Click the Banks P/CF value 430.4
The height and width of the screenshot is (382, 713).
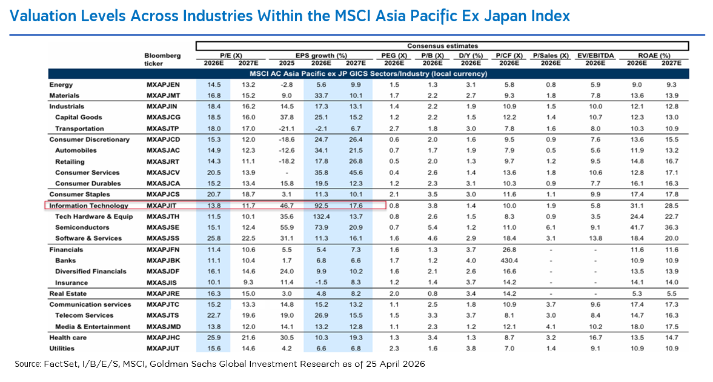[x=509, y=261]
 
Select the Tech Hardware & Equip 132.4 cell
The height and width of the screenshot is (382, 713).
[x=321, y=216]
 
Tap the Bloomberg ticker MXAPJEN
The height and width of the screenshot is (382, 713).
[x=163, y=85]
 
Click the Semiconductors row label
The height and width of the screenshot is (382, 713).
[x=82, y=227]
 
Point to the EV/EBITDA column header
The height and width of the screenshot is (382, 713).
[x=595, y=56]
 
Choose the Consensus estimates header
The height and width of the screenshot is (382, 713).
[x=442, y=46]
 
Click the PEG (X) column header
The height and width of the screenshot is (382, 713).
[x=394, y=56]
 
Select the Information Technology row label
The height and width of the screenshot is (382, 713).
[x=88, y=206]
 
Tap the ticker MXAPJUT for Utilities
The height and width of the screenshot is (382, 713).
[x=163, y=348]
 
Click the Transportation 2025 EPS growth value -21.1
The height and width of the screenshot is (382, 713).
[x=287, y=129]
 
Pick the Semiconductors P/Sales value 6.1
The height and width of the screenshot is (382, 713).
[x=551, y=227]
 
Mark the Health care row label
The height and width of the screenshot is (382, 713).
[x=68, y=337]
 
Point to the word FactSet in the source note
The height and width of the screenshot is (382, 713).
[x=56, y=364]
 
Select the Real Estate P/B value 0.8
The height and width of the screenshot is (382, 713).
[x=433, y=293]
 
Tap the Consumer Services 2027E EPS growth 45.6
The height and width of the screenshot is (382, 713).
[x=356, y=173]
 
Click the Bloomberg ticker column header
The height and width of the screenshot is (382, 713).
[x=162, y=59]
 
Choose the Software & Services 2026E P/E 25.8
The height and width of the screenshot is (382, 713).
[x=214, y=238]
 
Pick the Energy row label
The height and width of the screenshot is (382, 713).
[x=61, y=85]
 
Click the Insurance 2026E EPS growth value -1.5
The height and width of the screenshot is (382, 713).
[x=321, y=283]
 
